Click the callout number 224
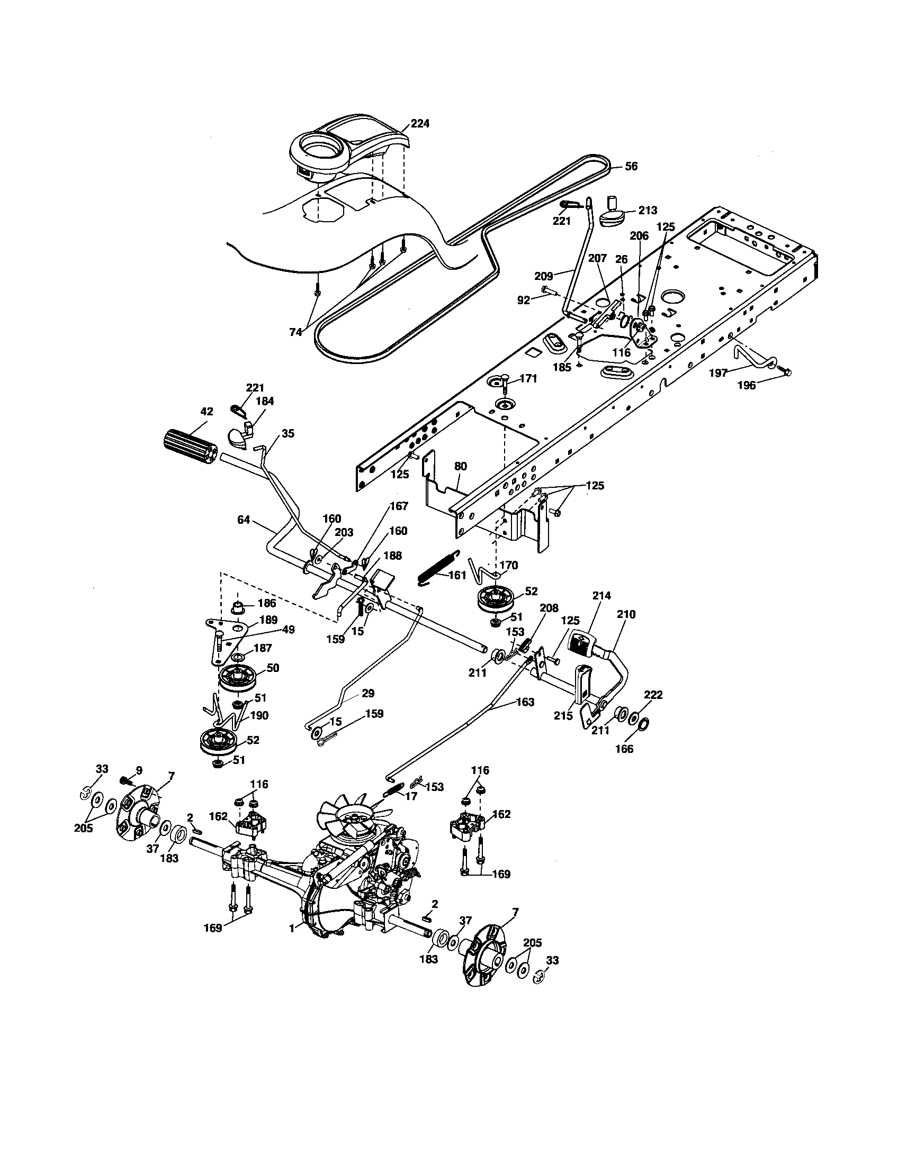[420, 124]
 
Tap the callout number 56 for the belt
[631, 166]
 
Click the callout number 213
[648, 211]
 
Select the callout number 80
[460, 466]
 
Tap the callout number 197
[718, 373]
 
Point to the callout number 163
[525, 702]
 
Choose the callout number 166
[624, 749]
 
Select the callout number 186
[267, 603]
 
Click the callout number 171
[528, 379]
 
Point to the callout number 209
[543, 276]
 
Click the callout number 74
[295, 332]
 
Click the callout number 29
[368, 694]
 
